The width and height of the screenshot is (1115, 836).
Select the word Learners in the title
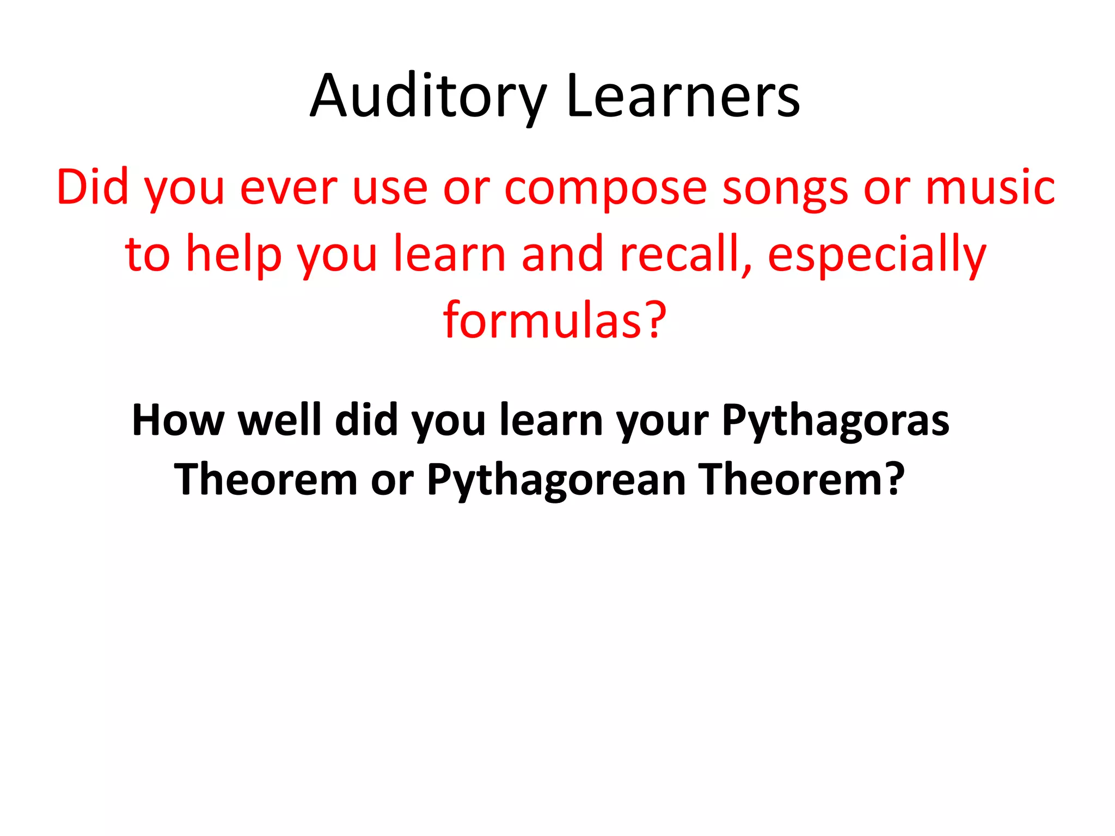coord(683,96)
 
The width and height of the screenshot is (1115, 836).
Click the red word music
coord(990,188)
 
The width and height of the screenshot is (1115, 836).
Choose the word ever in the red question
coord(289,188)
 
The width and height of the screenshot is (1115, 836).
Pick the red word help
coord(234,254)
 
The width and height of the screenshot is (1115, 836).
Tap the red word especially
coord(877,254)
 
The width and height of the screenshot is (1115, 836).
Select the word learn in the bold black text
coord(551,420)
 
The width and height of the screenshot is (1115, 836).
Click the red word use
coord(390,188)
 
